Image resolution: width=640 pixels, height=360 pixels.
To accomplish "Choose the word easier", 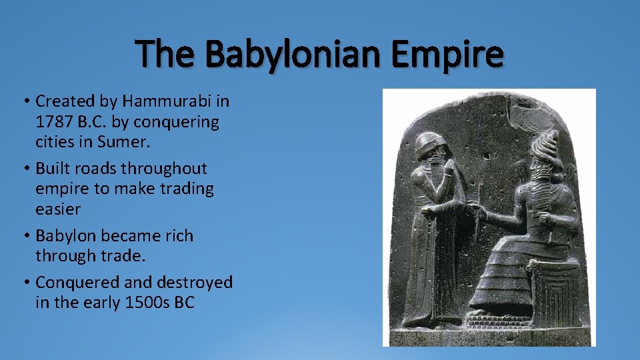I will (x=58, y=209).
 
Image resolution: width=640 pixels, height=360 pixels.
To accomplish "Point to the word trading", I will (x=182, y=189).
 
